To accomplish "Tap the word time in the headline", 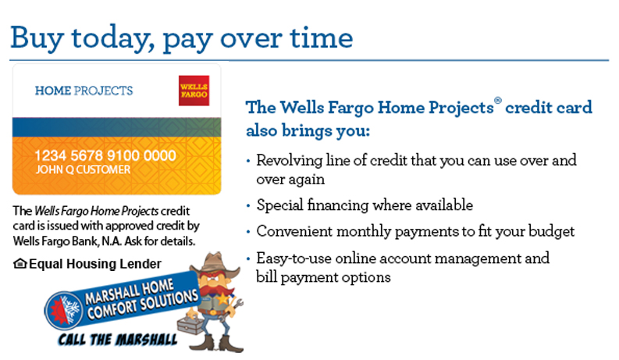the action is coord(322,38).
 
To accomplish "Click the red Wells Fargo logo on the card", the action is coord(194,91).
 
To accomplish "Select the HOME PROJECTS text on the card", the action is coord(84,91).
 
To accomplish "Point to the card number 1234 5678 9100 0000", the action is coord(105,155).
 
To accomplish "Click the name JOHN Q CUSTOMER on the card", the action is coord(83,169).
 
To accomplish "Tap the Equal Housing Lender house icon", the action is coord(20,263).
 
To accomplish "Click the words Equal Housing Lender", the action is coord(95,264).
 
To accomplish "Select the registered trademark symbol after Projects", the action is coord(498,100).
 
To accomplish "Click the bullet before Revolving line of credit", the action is coord(248,161).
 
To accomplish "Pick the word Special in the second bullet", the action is coord(280,205).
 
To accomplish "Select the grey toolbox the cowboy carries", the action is coord(190,325).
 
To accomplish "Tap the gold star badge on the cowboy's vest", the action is coord(223,299).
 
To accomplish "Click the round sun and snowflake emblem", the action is coord(63,311).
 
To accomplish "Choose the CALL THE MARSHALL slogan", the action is coord(118,340).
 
